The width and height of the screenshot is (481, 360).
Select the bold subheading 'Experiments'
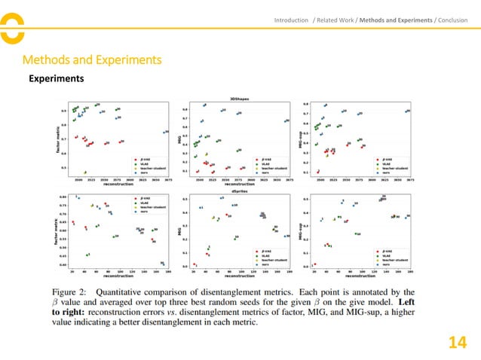pyautogui.click(x=56, y=78)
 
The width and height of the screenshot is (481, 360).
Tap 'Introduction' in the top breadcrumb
pyautogui.click(x=291, y=20)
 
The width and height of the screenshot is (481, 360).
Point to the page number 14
pyautogui.click(x=457, y=343)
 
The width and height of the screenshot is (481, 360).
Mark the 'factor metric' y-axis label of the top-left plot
pyautogui.click(x=57, y=139)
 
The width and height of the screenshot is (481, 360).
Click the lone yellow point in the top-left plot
pyautogui.click(x=84, y=172)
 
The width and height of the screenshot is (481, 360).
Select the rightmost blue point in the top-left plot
pyautogui.click(x=167, y=132)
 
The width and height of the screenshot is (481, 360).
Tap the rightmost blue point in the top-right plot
pyautogui.click(x=408, y=111)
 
